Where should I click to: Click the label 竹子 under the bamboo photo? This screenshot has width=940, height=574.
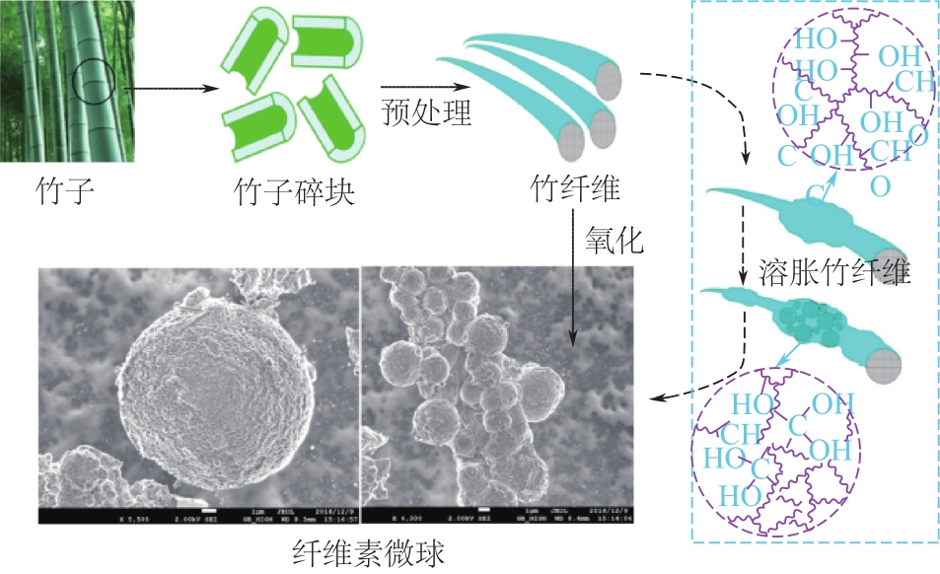[x=65, y=188]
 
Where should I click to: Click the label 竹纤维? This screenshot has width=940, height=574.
[x=575, y=188]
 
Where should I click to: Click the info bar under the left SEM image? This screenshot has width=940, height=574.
[x=198, y=515]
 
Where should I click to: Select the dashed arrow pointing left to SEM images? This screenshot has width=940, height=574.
[x=690, y=390]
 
